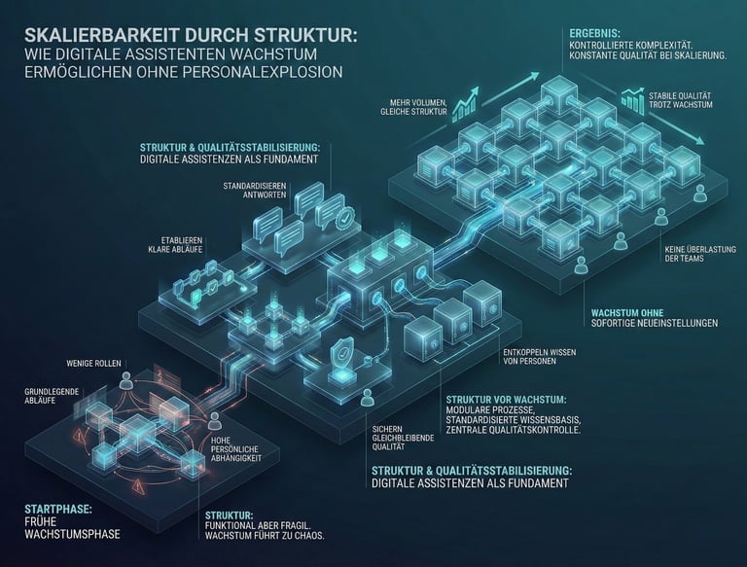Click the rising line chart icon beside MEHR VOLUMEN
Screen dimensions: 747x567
tap(465, 99)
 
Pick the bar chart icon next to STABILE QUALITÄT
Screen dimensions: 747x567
tap(635, 98)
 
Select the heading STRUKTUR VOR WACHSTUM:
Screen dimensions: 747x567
tap(506, 400)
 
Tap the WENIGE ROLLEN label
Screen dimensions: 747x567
tap(93, 363)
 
